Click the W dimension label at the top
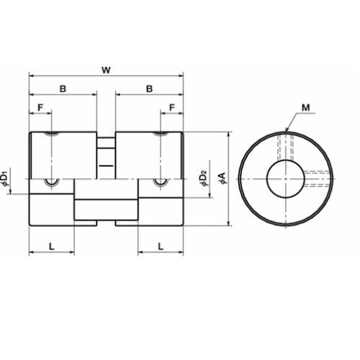106,71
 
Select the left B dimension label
63,89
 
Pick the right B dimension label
149,89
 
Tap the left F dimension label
40,108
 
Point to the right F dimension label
172,108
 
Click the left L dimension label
52,246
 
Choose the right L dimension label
161,246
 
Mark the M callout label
305,108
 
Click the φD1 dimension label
5,179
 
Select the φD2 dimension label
203,179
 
